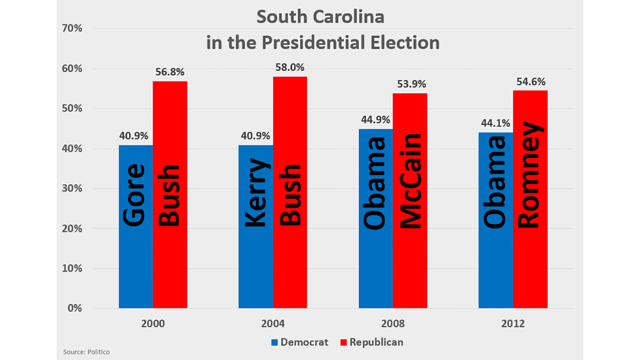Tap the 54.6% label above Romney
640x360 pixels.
[x=530, y=82]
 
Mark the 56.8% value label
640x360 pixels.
[x=170, y=72]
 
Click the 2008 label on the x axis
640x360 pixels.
[x=393, y=324]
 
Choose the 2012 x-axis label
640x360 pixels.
[x=513, y=324]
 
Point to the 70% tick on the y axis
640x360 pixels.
[x=72, y=29]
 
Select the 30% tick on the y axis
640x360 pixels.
[x=72, y=188]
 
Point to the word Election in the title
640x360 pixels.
[x=403, y=43]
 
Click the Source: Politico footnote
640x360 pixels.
[x=86, y=352]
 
